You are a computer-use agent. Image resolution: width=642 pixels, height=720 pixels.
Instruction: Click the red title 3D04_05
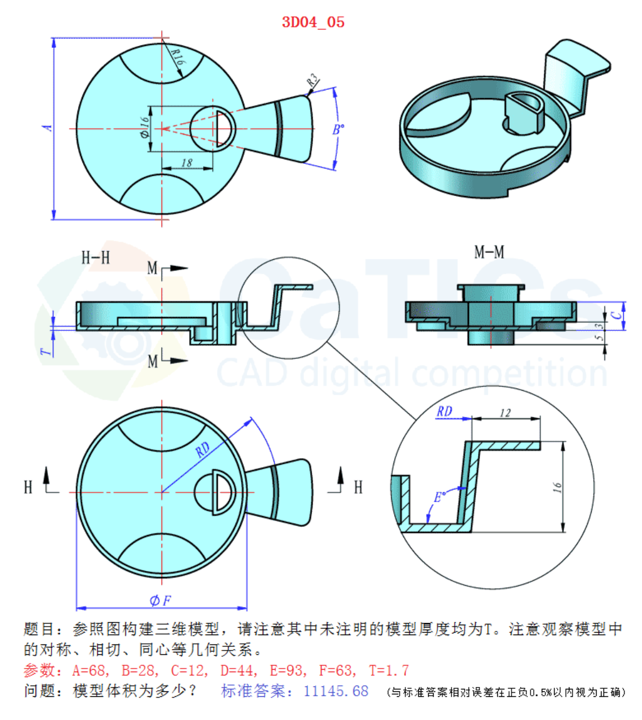click(313, 22)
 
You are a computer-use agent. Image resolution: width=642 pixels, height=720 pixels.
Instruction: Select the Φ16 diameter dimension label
click(145, 127)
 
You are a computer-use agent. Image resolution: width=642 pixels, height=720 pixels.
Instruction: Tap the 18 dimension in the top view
click(187, 163)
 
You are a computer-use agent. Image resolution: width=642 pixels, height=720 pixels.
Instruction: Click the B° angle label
click(338, 130)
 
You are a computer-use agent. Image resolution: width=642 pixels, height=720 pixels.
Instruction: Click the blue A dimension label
click(47, 128)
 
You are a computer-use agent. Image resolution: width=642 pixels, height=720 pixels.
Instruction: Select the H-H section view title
click(95, 257)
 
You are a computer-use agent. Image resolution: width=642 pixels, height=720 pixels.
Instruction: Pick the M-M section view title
click(489, 252)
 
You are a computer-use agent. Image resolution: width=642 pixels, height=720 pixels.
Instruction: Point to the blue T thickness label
click(46, 351)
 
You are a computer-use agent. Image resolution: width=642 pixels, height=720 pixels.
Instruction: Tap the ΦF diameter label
click(160, 600)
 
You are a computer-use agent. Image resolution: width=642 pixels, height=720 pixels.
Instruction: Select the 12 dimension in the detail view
click(505, 413)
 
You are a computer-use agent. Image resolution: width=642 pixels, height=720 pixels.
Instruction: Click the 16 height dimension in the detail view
click(557, 487)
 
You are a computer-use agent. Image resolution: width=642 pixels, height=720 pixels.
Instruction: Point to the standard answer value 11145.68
click(336, 691)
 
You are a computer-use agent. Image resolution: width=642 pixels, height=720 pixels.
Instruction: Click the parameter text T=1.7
click(389, 670)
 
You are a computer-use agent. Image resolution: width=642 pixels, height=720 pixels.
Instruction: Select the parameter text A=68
click(90, 670)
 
